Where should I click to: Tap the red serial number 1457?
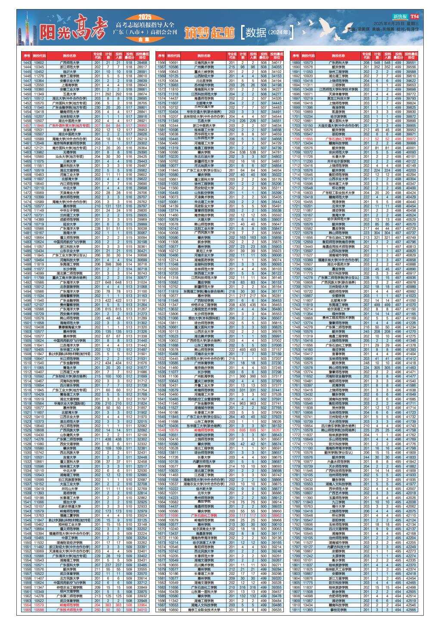pyautogui.click(x=27, y=125)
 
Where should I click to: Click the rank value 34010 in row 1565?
pyautogui.click(x=142, y=610)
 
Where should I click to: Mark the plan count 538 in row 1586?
pyautogui.click(x=242, y=152)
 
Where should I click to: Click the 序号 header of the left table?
pyautogui.click(x=27, y=56)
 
